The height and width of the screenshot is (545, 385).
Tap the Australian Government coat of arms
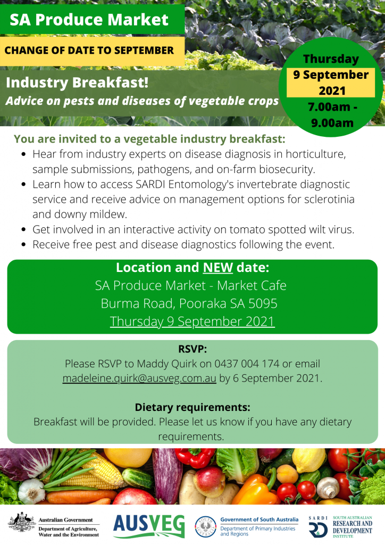click(22, 523)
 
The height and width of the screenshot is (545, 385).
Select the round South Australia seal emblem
click(205, 527)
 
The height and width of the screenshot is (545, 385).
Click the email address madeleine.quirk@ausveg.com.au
click(139, 378)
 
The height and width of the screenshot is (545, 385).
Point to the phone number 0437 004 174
click(247, 364)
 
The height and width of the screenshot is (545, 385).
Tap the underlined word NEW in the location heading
click(217, 268)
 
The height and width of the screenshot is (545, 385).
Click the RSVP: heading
click(192, 349)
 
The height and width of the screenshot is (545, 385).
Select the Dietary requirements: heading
click(192, 407)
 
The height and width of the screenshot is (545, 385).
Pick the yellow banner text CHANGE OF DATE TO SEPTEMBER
click(89, 51)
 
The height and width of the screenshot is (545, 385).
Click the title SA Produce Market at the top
click(89, 20)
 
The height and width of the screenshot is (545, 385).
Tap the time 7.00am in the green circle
click(329, 107)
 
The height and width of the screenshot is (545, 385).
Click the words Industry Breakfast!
click(77, 82)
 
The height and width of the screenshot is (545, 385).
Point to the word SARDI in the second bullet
click(150, 184)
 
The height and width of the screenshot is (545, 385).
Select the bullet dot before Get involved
click(23, 229)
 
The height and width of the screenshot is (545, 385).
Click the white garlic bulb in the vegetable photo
click(31, 491)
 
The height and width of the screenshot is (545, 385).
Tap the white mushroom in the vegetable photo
click(328, 488)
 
